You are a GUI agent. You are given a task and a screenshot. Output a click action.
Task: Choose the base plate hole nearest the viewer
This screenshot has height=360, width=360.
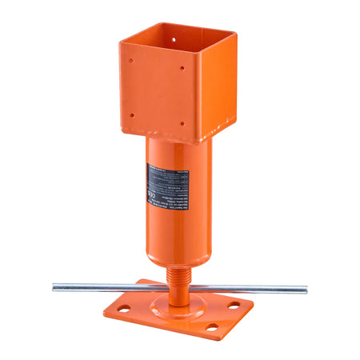tap(211, 326)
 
